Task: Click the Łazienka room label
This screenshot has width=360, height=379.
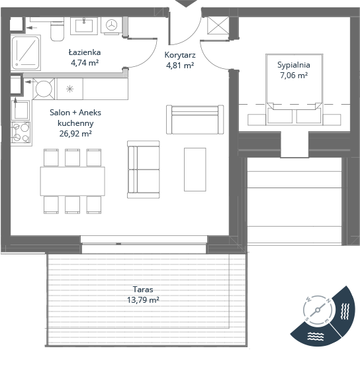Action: click(85, 52)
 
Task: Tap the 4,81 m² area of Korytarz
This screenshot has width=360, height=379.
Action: click(180, 66)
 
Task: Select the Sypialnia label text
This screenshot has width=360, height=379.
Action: click(294, 65)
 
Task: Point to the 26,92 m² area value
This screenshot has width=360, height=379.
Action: click(75, 133)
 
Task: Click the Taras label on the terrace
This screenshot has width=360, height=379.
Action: click(143, 290)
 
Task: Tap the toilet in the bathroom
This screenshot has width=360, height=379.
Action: click(57, 30)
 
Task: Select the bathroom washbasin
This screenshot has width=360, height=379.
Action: click(84, 26)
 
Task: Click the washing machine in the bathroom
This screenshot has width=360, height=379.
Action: click(111, 25)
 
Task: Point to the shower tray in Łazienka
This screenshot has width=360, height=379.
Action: click(26, 53)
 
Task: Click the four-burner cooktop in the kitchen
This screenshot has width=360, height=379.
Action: click(21, 132)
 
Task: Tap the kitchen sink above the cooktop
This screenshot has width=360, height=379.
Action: click(21, 110)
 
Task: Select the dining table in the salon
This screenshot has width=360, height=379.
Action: click(72, 181)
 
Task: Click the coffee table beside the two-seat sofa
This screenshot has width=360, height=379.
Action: click(195, 170)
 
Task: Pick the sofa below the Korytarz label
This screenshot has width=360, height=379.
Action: click(195, 119)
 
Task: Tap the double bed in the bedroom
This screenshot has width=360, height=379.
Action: click(294, 89)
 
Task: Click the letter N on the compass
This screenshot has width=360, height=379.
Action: click(328, 301)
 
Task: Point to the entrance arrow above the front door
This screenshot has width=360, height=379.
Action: click(186, 3)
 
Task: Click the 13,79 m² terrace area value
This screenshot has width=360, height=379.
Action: click(143, 300)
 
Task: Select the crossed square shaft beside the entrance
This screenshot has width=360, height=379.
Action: click(218, 25)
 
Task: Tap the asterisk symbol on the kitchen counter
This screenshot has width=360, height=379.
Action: click(69, 89)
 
